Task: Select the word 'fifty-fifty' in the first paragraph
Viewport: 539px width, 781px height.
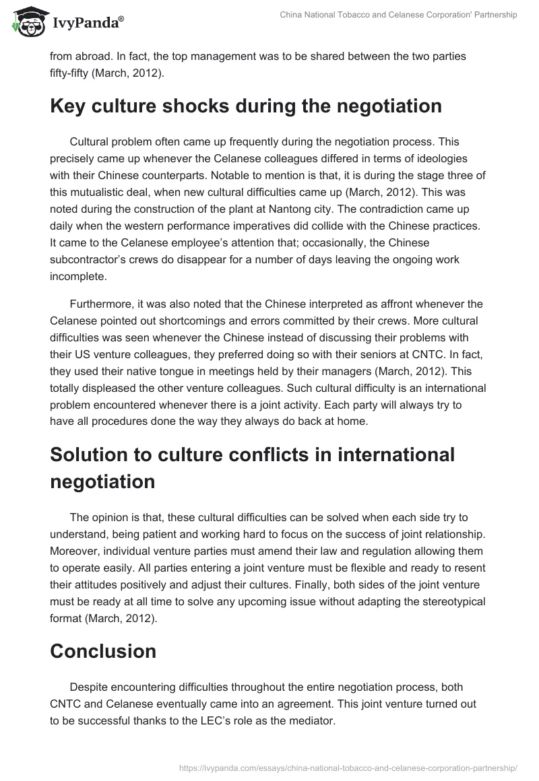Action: coord(73,73)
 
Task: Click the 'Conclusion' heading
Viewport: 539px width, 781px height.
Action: coord(103,651)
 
